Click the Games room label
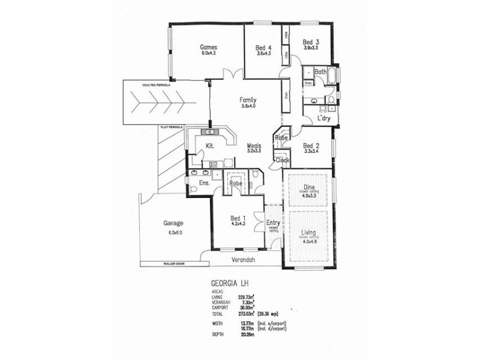point(208,47)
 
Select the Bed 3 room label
point(310,42)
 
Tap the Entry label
point(273,223)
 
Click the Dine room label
point(310,187)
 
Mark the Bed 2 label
point(310,146)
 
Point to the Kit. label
point(210,146)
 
